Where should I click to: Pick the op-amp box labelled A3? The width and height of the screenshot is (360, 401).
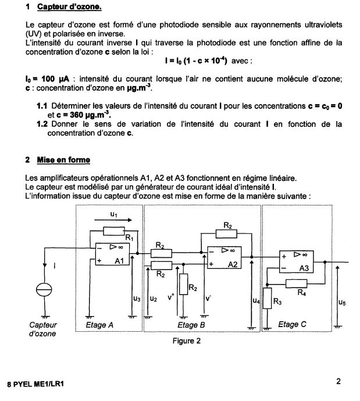coord(299,262)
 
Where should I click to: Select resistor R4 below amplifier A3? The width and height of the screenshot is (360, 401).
coord(301,283)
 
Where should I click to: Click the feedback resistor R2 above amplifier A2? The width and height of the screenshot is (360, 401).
coord(227,234)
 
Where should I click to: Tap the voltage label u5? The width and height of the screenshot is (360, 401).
coord(341,302)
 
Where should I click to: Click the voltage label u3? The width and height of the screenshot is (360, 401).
coord(136,299)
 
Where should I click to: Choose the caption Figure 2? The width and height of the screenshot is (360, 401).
coord(186,341)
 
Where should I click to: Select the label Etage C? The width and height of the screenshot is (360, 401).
coord(288,324)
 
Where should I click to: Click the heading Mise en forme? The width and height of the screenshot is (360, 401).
coord(63,159)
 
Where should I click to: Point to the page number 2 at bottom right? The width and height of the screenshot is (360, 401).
coord(338,382)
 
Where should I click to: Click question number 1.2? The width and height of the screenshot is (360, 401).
coord(42,124)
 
